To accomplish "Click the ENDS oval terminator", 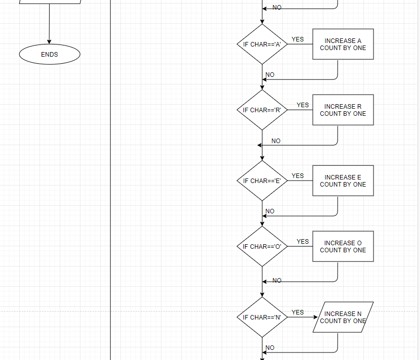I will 50,55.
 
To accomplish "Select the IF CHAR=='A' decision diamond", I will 262,44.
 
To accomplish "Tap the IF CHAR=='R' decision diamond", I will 262,110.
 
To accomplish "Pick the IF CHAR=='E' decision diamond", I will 262,181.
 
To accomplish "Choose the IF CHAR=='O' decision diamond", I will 262,247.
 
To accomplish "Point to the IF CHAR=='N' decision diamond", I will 262,318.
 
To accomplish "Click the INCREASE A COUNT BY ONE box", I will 343,44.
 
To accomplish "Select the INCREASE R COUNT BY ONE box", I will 343,110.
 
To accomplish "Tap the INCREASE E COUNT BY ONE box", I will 343,181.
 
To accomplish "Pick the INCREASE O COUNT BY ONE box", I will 343,247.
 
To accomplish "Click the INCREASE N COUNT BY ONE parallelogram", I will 343,318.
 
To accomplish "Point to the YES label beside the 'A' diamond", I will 298,39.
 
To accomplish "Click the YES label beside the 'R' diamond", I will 303,105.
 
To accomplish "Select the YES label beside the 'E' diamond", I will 298,176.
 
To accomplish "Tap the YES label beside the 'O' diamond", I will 303,242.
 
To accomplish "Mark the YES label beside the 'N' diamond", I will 298,312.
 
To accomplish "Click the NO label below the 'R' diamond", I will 276,141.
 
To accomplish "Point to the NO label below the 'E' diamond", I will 270,211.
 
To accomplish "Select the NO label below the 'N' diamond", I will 270,348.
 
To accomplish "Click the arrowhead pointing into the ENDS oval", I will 50,42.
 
